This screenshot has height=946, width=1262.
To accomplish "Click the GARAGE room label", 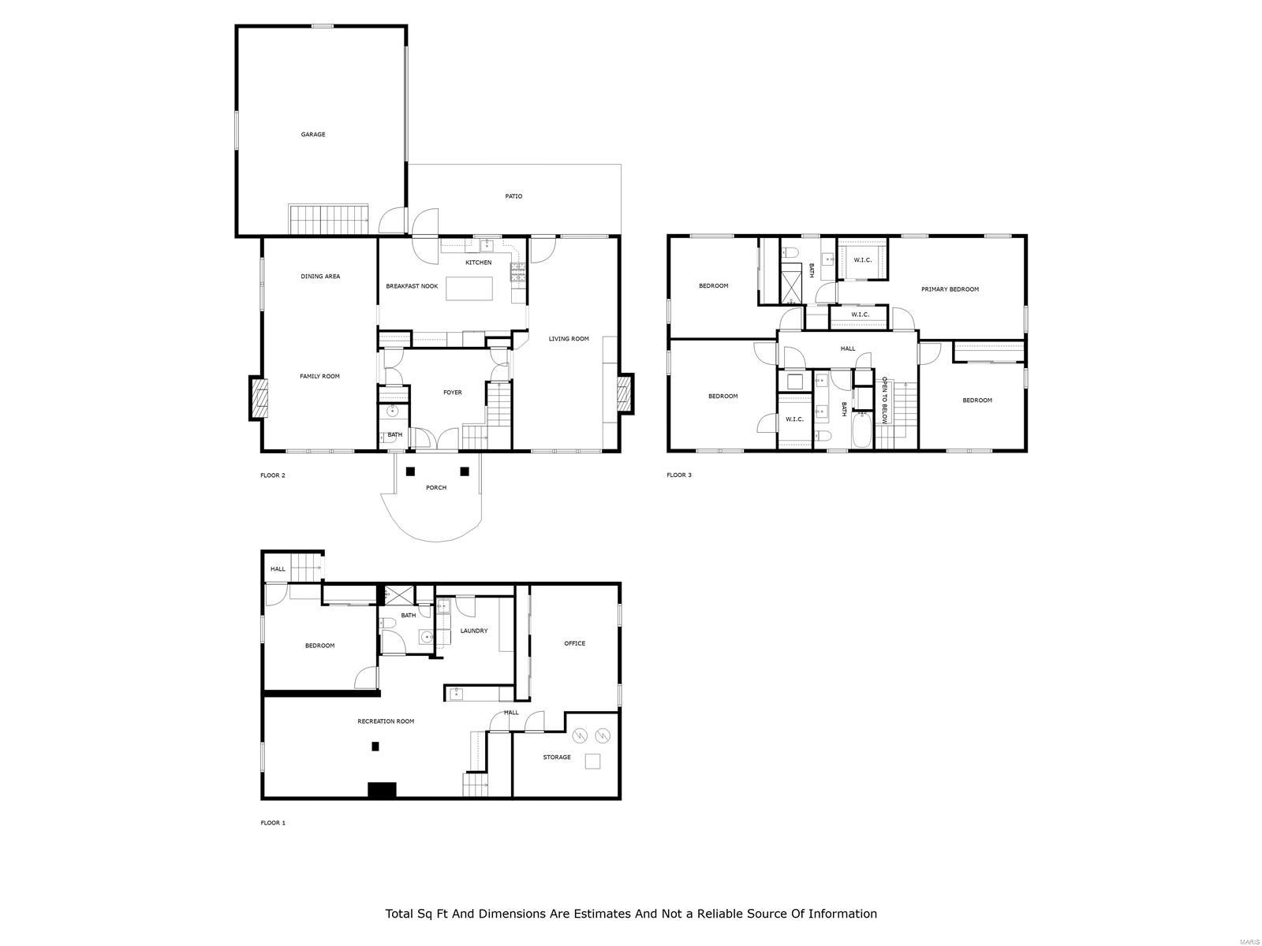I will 313,135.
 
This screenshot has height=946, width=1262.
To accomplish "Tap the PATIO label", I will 513,196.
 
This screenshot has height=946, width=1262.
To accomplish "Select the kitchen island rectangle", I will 470,289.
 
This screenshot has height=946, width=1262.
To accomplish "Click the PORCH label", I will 436,488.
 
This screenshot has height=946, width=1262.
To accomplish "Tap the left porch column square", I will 410,471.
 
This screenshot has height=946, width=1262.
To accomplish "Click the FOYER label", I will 453,393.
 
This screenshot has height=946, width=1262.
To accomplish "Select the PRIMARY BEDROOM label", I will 950,289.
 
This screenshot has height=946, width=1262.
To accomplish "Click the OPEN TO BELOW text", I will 884,400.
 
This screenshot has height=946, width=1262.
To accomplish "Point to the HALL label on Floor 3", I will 848,348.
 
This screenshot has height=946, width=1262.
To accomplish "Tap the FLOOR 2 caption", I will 273,475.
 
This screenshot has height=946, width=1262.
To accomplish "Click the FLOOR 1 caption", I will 273,823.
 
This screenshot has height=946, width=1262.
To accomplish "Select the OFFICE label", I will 574,643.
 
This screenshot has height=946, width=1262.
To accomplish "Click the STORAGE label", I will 557,758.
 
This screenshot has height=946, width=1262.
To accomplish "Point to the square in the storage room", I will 592,762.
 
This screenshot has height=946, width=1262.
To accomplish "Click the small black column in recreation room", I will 375,746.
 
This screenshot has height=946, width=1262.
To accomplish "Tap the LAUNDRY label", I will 474,631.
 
